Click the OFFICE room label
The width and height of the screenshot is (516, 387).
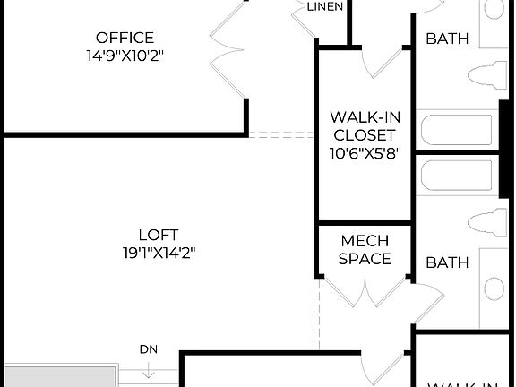click(125, 38)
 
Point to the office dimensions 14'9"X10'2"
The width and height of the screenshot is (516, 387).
click(125, 55)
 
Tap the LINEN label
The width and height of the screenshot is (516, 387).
click(323, 7)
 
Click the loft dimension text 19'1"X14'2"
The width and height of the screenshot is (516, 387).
click(159, 253)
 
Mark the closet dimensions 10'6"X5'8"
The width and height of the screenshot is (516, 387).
click(364, 152)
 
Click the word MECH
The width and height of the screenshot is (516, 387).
click(365, 242)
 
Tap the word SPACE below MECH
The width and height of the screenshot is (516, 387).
click(365, 259)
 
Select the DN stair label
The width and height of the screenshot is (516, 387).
click(149, 348)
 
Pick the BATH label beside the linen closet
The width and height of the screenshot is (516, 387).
click(447, 39)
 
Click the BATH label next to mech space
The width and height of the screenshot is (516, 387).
click(447, 262)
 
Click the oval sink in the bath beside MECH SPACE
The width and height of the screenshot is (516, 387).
click(494, 288)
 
